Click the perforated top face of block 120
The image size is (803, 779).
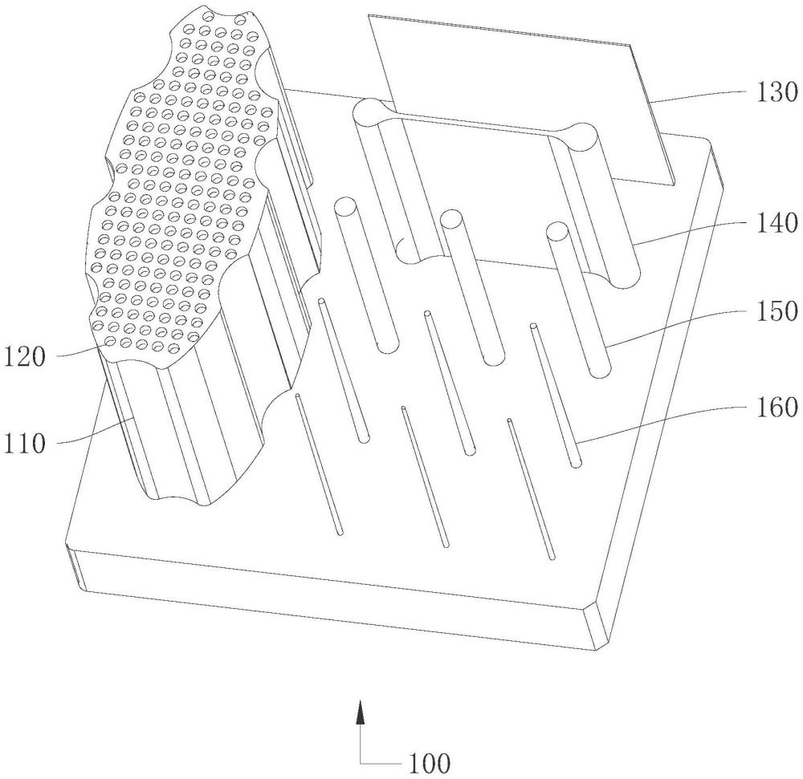point(185,201)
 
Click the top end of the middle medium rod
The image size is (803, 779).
point(451,218)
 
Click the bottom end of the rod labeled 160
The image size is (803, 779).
point(576,463)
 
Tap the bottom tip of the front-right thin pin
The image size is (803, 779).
point(552,555)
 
